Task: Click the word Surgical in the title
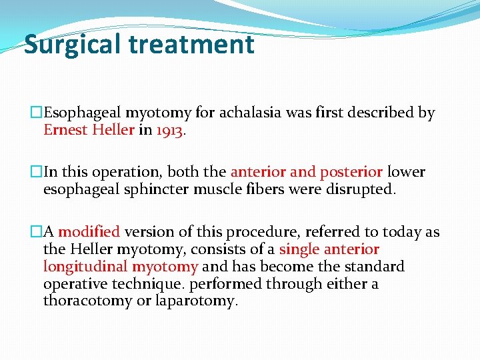point(73,45)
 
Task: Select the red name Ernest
point(66,129)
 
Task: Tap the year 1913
point(170,129)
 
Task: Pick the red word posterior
point(351,172)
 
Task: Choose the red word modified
point(89,232)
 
